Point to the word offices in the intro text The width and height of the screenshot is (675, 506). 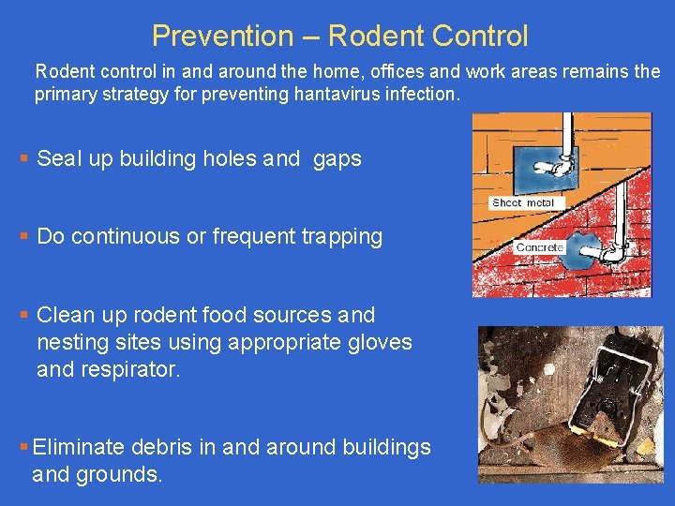pos(397,71)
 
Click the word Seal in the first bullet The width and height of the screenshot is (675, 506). pos(58,158)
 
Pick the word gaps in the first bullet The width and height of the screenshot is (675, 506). pos(337,159)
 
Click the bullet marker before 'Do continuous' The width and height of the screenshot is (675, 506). pos(24,236)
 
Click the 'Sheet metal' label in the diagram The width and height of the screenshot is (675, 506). pos(522,202)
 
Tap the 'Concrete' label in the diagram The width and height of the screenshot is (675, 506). pos(539,247)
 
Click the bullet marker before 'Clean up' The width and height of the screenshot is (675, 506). pos(24,315)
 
